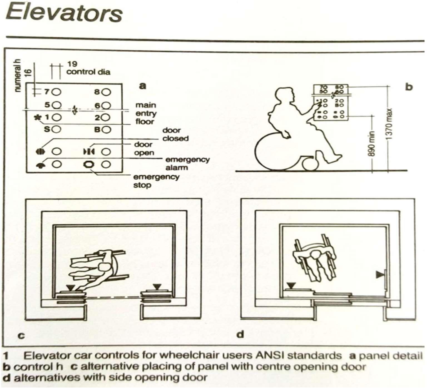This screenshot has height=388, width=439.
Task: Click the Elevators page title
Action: [64, 13]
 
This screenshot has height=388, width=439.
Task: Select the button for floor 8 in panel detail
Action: [106, 92]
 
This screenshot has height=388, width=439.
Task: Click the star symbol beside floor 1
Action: [37, 117]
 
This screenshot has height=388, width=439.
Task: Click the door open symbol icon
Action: [89, 152]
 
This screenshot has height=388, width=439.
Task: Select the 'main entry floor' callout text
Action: [145, 113]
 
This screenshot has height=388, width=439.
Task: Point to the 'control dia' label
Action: [88, 72]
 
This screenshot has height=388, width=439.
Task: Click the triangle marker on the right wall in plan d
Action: [380, 275]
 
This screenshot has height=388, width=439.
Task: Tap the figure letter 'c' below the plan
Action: [21, 335]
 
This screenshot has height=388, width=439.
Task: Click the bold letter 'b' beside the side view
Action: [409, 87]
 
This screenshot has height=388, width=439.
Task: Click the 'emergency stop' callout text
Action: [156, 181]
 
